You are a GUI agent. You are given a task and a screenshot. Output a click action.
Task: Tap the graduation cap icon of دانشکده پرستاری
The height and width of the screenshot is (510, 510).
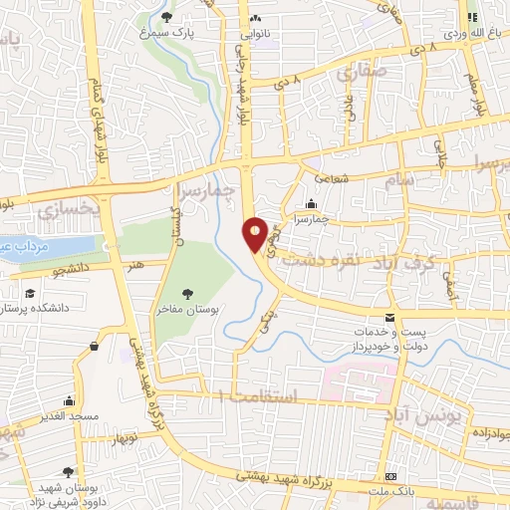pos(31,294)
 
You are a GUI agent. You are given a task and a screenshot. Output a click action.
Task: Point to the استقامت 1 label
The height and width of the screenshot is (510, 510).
pos(263,396)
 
